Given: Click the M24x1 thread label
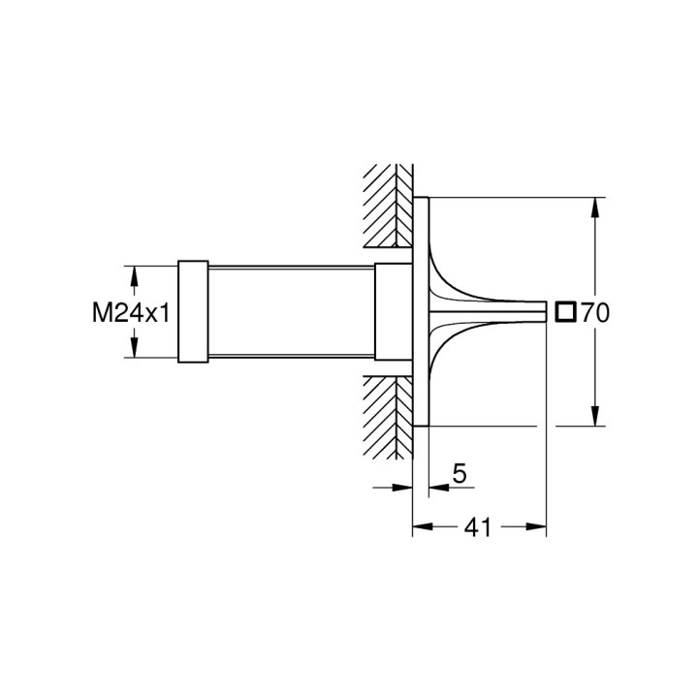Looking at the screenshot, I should click(x=133, y=312).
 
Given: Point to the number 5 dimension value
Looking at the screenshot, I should click(x=460, y=474).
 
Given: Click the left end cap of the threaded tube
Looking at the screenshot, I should click(x=192, y=312).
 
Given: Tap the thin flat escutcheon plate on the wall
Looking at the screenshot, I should click(x=420, y=312).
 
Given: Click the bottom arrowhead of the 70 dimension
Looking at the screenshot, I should click(x=593, y=419).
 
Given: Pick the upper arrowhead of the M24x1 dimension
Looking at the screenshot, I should click(x=134, y=272).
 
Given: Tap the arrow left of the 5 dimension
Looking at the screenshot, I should click(x=405, y=489).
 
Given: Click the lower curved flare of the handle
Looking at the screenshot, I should click(x=448, y=355).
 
